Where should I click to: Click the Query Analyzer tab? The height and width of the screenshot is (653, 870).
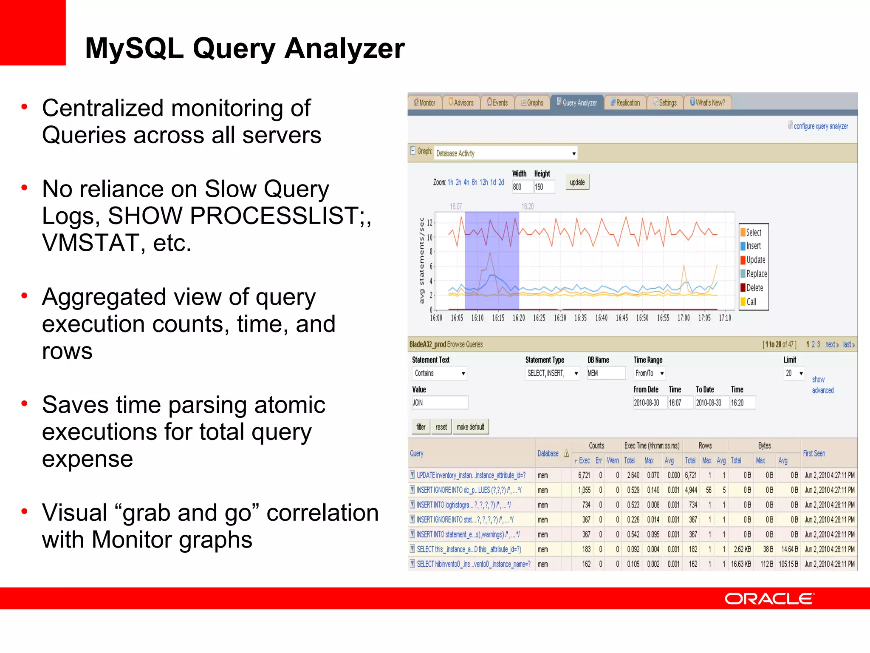pyautogui.click(x=577, y=102)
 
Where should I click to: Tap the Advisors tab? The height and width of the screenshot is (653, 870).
pyautogui.click(x=461, y=102)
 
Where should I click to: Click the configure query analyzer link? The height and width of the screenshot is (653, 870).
pyautogui.click(x=820, y=126)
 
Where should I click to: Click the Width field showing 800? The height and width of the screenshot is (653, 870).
pyautogui.click(x=522, y=187)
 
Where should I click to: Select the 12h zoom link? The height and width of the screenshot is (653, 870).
pyautogui.click(x=483, y=182)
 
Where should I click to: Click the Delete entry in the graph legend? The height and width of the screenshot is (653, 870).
pyautogui.click(x=754, y=288)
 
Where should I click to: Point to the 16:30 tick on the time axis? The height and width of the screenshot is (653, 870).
pyautogui.click(x=560, y=318)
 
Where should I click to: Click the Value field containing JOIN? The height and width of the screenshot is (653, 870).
pyautogui.click(x=440, y=403)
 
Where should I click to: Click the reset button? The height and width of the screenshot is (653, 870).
pyautogui.click(x=441, y=427)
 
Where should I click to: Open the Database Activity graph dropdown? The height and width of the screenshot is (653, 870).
pyautogui.click(x=506, y=153)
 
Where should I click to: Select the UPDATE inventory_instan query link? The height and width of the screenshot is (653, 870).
pyautogui.click(x=471, y=475)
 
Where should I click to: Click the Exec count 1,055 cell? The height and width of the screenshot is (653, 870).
pyautogui.click(x=584, y=490)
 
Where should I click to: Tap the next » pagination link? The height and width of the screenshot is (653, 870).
pyautogui.click(x=831, y=344)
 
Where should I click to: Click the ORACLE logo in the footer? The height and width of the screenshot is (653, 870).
pyautogui.click(x=769, y=599)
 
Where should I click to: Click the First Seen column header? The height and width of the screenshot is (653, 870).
pyautogui.click(x=814, y=453)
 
